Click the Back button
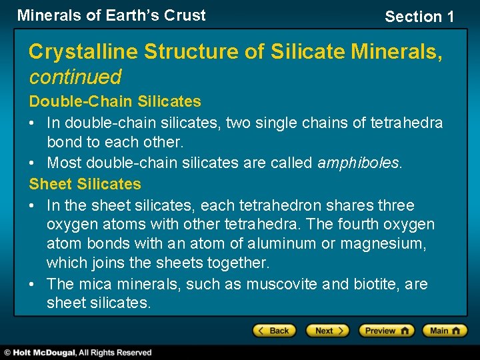coord(273,331)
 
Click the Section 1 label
coord(419,17)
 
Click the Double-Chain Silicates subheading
coord(115,101)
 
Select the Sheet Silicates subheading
coord(85,184)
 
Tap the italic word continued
coord(75,77)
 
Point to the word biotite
coord(376,284)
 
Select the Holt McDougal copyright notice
coord(79,353)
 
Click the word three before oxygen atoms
coord(395,205)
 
